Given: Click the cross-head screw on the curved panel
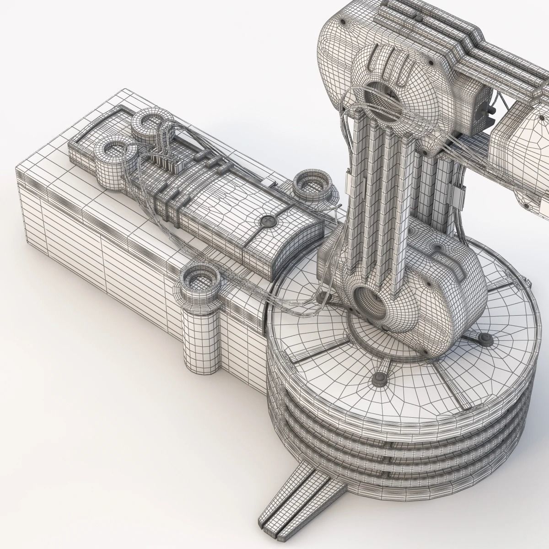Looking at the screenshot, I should (267, 223).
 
